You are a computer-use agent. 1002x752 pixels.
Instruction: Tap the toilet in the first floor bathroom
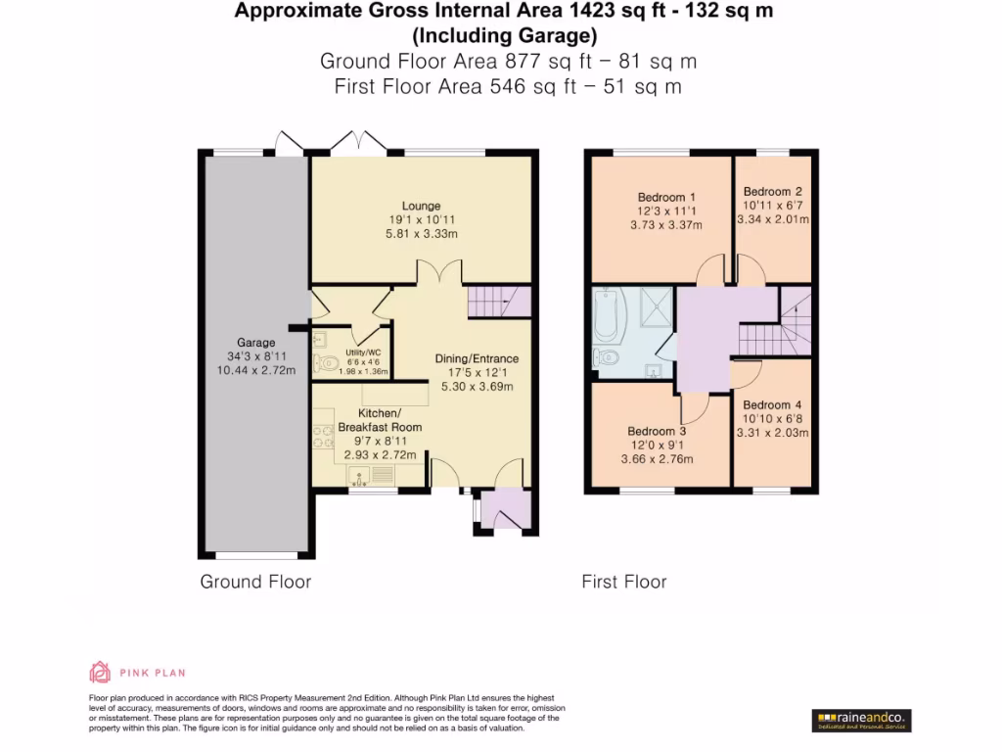[606, 356]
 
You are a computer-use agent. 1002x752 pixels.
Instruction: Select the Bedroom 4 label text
[772, 404]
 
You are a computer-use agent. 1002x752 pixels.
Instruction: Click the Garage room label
[255, 343]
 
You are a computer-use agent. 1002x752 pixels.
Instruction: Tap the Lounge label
[421, 206]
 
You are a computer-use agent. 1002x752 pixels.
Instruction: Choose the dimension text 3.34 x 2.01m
[773, 219]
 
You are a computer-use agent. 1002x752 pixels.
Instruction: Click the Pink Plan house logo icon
[100, 672]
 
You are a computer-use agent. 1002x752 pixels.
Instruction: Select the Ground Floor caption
[255, 582]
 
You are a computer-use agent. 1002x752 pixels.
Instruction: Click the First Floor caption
[624, 582]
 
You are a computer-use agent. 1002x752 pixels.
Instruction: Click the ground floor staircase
[498, 302]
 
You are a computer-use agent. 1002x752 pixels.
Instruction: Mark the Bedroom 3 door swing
[695, 406]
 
